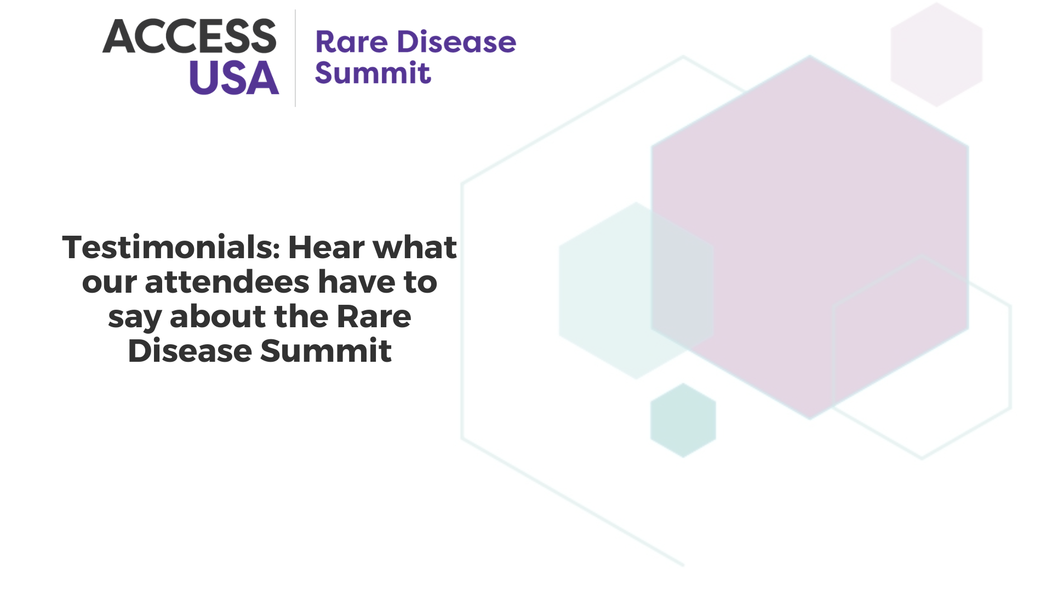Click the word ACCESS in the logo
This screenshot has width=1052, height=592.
[x=190, y=36]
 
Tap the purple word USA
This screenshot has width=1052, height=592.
[x=234, y=77]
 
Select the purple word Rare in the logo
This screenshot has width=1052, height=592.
[x=351, y=42]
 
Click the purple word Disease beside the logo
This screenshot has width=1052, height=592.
[x=456, y=42]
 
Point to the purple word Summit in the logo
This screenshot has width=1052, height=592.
[x=373, y=73]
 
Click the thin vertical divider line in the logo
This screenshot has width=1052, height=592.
[x=295, y=58]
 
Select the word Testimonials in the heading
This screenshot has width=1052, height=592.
[x=171, y=247]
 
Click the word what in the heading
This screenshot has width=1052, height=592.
[x=415, y=247]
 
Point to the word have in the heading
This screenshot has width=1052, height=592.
[x=357, y=282]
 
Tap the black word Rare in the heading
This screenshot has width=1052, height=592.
[x=374, y=316]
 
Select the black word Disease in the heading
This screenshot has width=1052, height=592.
[x=190, y=351]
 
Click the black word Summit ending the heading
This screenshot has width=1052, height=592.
[x=326, y=351]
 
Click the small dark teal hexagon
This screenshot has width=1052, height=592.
[x=683, y=420]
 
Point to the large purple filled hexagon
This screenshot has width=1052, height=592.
[x=810, y=237]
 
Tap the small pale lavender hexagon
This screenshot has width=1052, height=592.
[x=936, y=54]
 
